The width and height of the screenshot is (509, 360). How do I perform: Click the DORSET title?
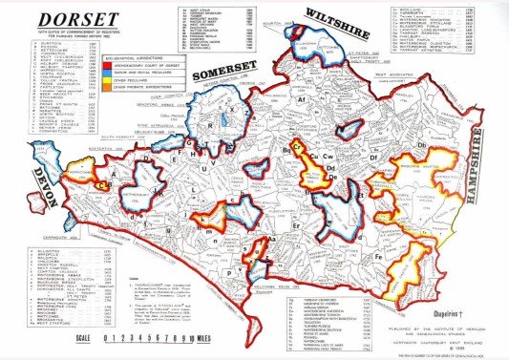tap(58, 18)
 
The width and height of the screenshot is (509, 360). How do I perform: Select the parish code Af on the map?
tap(302, 98)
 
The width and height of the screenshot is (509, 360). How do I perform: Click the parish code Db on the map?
tap(421, 144)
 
